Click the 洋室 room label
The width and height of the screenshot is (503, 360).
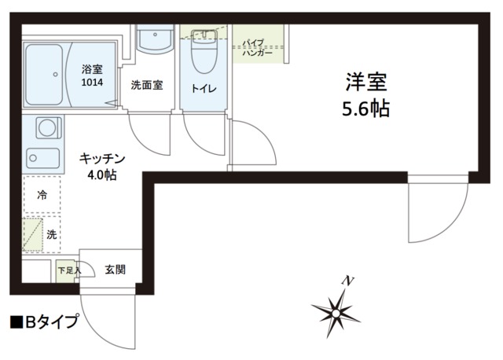tap(365, 80)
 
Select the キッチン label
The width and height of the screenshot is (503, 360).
tap(102, 158)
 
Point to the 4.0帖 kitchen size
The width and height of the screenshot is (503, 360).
tap(102, 174)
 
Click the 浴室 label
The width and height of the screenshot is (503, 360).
tap(93, 69)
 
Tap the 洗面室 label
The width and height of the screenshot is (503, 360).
tap(146, 85)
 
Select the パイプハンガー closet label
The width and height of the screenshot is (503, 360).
tap(257, 48)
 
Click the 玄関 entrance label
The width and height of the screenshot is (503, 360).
tap(116, 270)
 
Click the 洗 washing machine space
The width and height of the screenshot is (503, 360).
tap(51, 233)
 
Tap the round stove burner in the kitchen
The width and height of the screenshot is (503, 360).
tap(46, 127)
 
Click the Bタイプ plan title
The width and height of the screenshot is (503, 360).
tap(45, 321)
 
